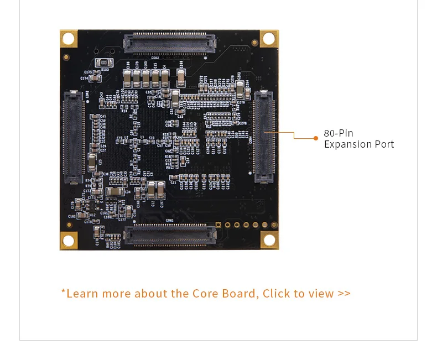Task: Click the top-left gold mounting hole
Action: (x=68, y=39)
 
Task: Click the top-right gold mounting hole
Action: (x=269, y=39)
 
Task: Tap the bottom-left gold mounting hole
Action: (x=68, y=241)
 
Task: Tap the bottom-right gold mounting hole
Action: (x=269, y=240)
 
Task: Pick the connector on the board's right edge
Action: (x=264, y=138)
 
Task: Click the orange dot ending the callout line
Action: (x=316, y=138)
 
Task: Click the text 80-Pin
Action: (x=339, y=133)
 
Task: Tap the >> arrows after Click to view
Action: (x=344, y=293)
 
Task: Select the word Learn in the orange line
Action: (x=82, y=293)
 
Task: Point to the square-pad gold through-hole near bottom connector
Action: (x=219, y=225)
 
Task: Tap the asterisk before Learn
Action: (x=63, y=291)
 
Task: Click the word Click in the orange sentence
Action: (x=277, y=293)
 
